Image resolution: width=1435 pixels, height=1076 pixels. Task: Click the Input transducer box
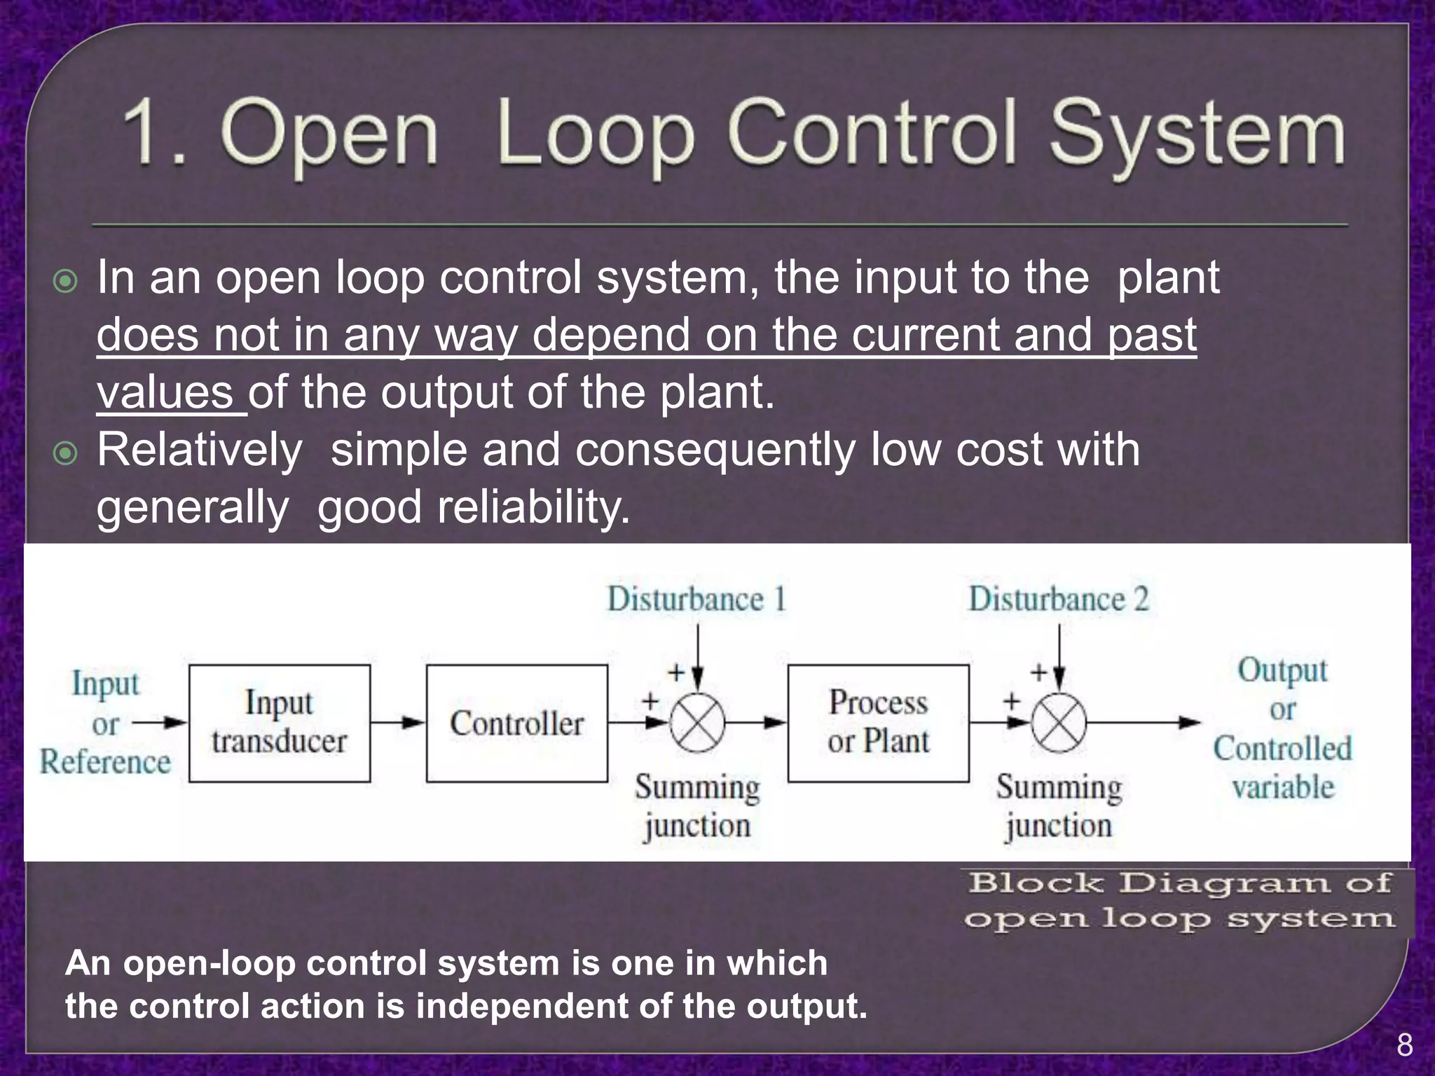click(x=279, y=723)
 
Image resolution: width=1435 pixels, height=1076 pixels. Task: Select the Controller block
click(x=516, y=723)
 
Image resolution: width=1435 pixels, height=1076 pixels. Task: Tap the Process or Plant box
click(x=878, y=723)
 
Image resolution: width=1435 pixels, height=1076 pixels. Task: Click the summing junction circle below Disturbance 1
click(x=697, y=723)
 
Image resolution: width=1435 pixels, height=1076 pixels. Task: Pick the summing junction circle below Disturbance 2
click(x=1059, y=723)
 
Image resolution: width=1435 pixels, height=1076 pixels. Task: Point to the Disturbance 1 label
click(x=696, y=600)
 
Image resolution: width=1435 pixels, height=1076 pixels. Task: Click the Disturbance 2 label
click(x=1058, y=600)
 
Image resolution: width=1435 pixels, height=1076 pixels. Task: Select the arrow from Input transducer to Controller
click(x=397, y=722)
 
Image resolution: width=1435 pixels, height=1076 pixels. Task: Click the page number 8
click(x=1404, y=1045)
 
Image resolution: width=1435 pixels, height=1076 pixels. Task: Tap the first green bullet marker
click(x=65, y=282)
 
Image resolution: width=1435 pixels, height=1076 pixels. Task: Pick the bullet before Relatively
click(x=65, y=453)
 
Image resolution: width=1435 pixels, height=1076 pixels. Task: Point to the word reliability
click(x=533, y=507)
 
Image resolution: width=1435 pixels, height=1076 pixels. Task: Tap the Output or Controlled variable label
click(x=1282, y=729)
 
